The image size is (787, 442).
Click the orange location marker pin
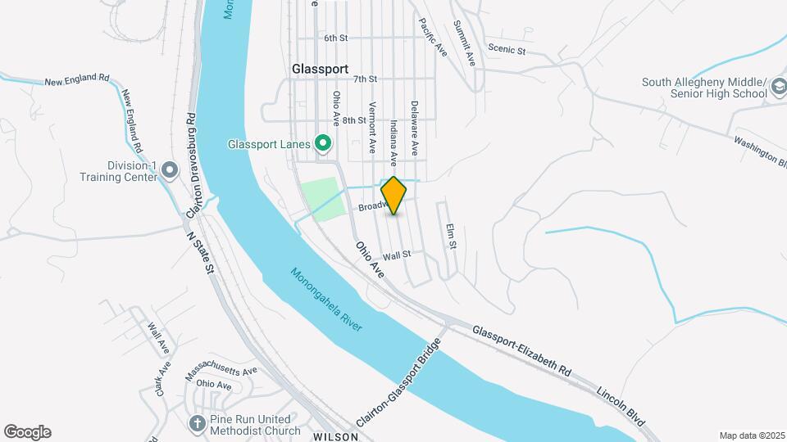(x=394, y=196)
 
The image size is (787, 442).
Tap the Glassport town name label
(x=320, y=70)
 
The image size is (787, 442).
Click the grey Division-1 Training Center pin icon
(x=170, y=170)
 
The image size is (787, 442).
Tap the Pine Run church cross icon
(x=197, y=423)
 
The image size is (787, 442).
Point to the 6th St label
(x=336, y=38)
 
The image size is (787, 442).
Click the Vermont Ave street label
(x=372, y=128)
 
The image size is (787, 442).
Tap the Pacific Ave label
(x=432, y=38)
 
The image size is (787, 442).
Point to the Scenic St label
(x=506, y=50)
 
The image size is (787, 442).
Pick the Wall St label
(x=396, y=255)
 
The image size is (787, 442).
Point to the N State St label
(x=200, y=252)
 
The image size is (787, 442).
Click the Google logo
(x=27, y=431)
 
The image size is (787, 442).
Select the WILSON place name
(x=335, y=437)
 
